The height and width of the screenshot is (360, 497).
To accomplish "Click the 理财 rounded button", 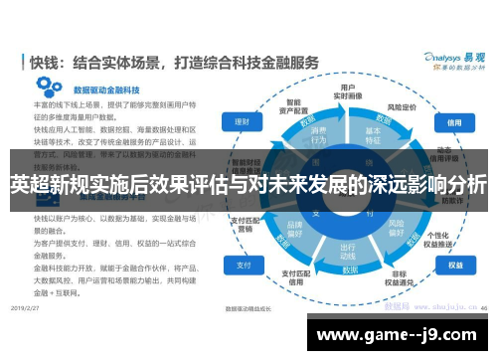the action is click(x=242, y=122).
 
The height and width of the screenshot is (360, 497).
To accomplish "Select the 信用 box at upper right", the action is click(x=454, y=122).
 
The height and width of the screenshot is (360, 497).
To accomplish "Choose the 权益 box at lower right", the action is click(x=454, y=267).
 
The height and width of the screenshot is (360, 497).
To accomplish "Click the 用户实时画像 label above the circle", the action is click(x=348, y=90).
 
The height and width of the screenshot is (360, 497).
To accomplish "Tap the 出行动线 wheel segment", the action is click(x=347, y=251).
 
